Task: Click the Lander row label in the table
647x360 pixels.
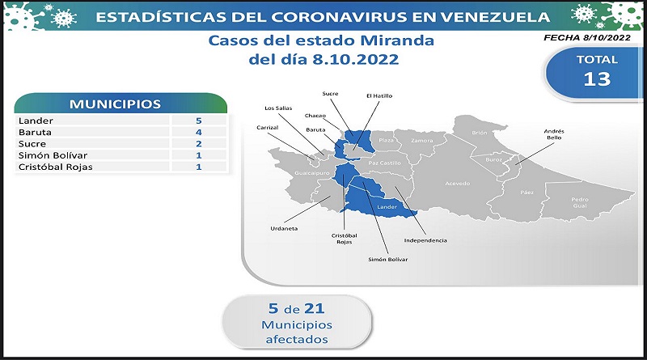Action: point(36,121)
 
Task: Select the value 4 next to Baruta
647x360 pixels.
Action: point(199,132)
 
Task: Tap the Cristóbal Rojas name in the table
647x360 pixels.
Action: point(55,167)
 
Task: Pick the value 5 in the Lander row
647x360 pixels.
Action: point(199,121)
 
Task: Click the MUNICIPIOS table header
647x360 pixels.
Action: point(115,104)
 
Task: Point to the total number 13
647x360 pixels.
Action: point(597,78)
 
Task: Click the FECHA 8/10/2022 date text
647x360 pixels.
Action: point(587,37)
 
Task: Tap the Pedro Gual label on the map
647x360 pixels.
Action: point(580,202)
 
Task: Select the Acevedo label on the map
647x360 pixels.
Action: point(457,184)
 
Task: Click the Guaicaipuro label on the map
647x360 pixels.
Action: point(312,173)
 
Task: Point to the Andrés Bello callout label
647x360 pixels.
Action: point(554,134)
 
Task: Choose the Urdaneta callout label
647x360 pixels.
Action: point(284,228)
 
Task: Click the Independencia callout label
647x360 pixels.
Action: point(425,240)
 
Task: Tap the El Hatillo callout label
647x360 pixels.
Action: point(379,95)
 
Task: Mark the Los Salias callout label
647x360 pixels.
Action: point(278,108)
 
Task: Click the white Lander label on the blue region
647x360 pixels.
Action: point(387,207)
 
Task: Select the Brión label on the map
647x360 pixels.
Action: point(480,133)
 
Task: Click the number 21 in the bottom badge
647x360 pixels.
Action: point(314,308)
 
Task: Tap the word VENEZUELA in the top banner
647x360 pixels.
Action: point(495,17)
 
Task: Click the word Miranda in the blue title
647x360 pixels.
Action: point(397,40)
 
